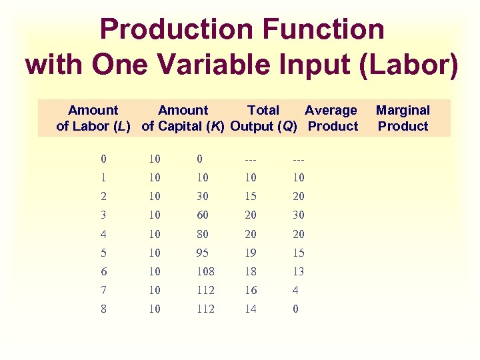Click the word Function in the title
[318, 29]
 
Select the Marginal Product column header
[403, 118]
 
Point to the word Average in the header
[331, 110]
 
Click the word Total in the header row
[263, 110]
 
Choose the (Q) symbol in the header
[287, 126]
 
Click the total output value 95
[203, 253]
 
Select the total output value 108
[205, 271]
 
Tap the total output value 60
[203, 215]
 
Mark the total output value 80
[203, 234]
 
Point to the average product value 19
[251, 253]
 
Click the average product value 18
[251, 271]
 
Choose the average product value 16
[251, 290]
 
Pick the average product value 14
[251, 309]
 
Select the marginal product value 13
[299, 271]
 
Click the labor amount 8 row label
[103, 309]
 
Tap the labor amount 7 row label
[103, 290]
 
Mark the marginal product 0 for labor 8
[296, 309]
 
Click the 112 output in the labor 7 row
[205, 290]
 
